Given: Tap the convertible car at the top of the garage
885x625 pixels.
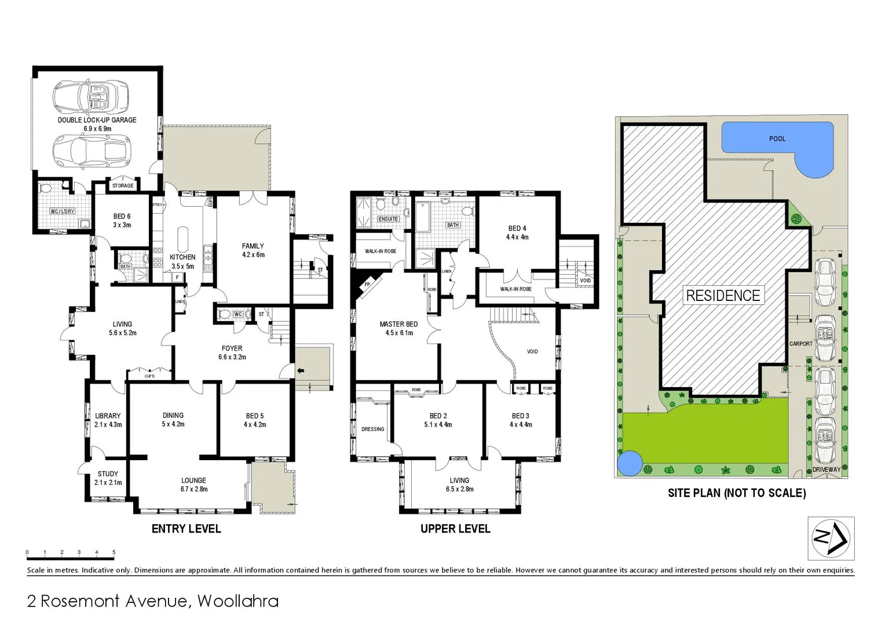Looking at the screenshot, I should (x=90, y=96).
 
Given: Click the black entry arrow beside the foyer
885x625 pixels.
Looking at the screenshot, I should (x=299, y=370).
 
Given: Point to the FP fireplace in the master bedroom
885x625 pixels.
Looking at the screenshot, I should (x=367, y=285).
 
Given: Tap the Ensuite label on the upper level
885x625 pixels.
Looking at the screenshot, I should (x=388, y=219).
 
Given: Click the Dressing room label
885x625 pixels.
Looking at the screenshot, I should (x=372, y=429).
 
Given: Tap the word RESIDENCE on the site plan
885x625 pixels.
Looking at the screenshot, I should (x=723, y=296).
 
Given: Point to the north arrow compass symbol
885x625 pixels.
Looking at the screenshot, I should (x=831, y=538).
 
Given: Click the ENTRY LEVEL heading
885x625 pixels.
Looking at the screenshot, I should (x=186, y=528).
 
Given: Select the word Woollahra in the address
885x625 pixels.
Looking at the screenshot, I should (x=237, y=601).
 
